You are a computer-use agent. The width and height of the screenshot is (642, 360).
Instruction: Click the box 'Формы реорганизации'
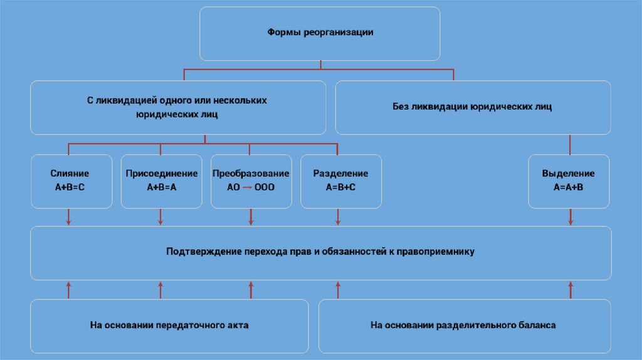(x=320, y=33)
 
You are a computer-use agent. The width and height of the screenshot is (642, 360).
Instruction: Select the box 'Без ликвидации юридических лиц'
(x=473, y=107)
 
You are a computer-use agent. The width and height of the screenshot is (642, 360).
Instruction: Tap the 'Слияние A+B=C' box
(x=70, y=181)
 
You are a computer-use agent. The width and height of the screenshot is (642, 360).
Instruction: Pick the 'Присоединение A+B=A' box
(x=161, y=181)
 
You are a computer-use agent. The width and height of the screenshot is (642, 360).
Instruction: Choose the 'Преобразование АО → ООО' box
(x=251, y=181)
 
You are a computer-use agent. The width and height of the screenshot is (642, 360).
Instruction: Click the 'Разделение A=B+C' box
(x=340, y=181)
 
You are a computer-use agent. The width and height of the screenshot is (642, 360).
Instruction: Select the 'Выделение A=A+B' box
(x=568, y=181)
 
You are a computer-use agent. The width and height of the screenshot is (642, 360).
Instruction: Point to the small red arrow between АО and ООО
(x=247, y=188)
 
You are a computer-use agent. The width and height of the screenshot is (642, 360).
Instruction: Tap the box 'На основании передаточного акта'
(x=169, y=326)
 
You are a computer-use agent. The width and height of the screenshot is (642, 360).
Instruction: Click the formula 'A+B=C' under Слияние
(x=70, y=188)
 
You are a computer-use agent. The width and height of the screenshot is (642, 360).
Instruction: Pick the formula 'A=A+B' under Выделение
(x=568, y=188)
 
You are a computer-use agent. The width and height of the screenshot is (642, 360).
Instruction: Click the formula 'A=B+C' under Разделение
(x=340, y=188)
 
